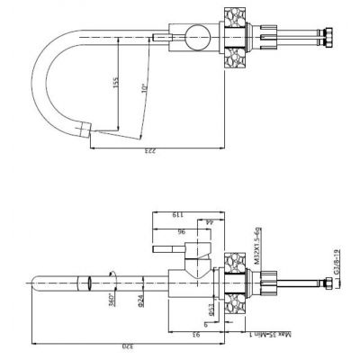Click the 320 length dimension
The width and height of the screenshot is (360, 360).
[x=130, y=344]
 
